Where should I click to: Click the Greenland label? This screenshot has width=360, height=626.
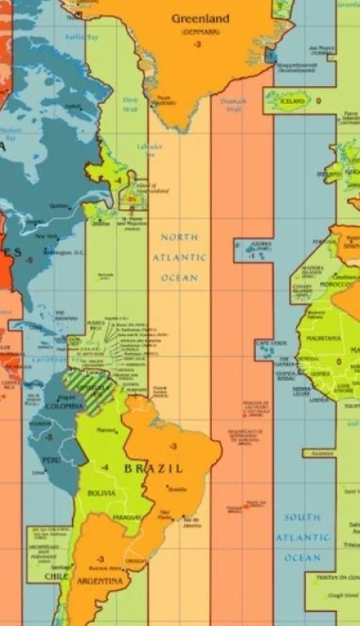click(x=200, y=18)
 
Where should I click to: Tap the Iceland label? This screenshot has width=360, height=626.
click(x=292, y=102)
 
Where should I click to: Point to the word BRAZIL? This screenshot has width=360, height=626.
click(x=153, y=469)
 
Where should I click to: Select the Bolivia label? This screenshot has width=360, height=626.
click(x=102, y=493)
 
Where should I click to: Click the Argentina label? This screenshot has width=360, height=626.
click(x=99, y=581)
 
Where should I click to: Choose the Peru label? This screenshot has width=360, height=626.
click(x=50, y=460)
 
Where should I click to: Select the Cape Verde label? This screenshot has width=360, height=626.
click(x=271, y=344)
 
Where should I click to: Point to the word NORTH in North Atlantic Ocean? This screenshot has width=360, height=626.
click(x=179, y=237)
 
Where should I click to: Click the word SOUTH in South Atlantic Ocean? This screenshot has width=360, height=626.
click(x=302, y=517)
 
